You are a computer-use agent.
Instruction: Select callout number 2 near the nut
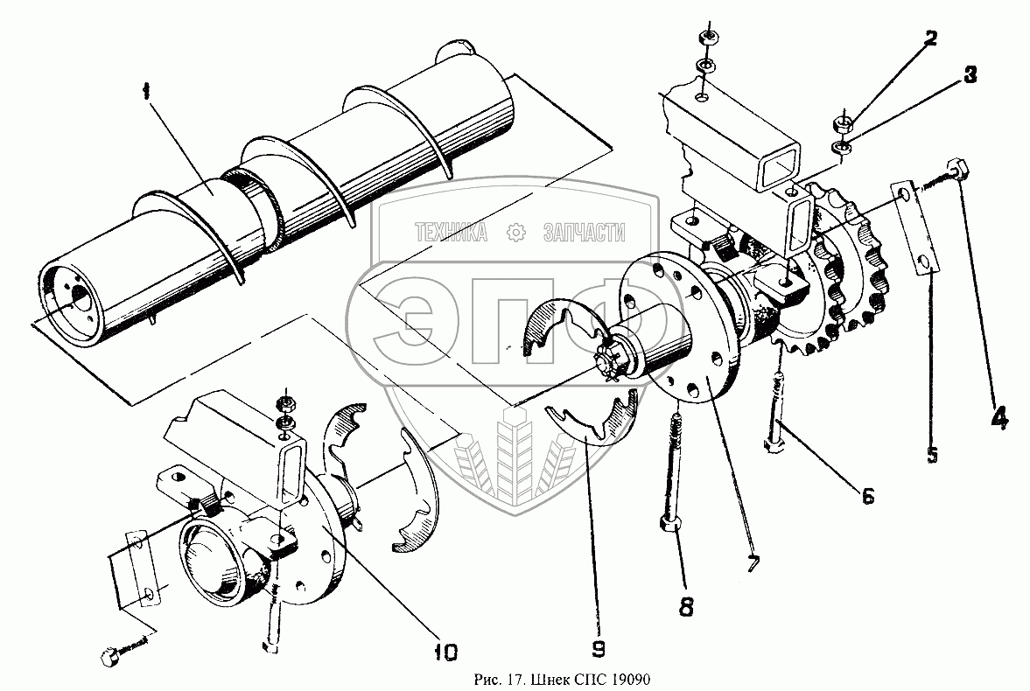(928, 38)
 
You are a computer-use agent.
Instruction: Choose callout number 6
(866, 495)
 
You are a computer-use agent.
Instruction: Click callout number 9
(598, 648)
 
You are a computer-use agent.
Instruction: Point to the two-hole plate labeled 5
(914, 229)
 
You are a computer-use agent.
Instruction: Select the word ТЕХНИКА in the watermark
(452, 232)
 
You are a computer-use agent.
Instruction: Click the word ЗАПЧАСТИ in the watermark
(584, 232)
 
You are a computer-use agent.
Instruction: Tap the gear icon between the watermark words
(515, 232)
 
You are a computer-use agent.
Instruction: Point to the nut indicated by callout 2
(843, 121)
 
